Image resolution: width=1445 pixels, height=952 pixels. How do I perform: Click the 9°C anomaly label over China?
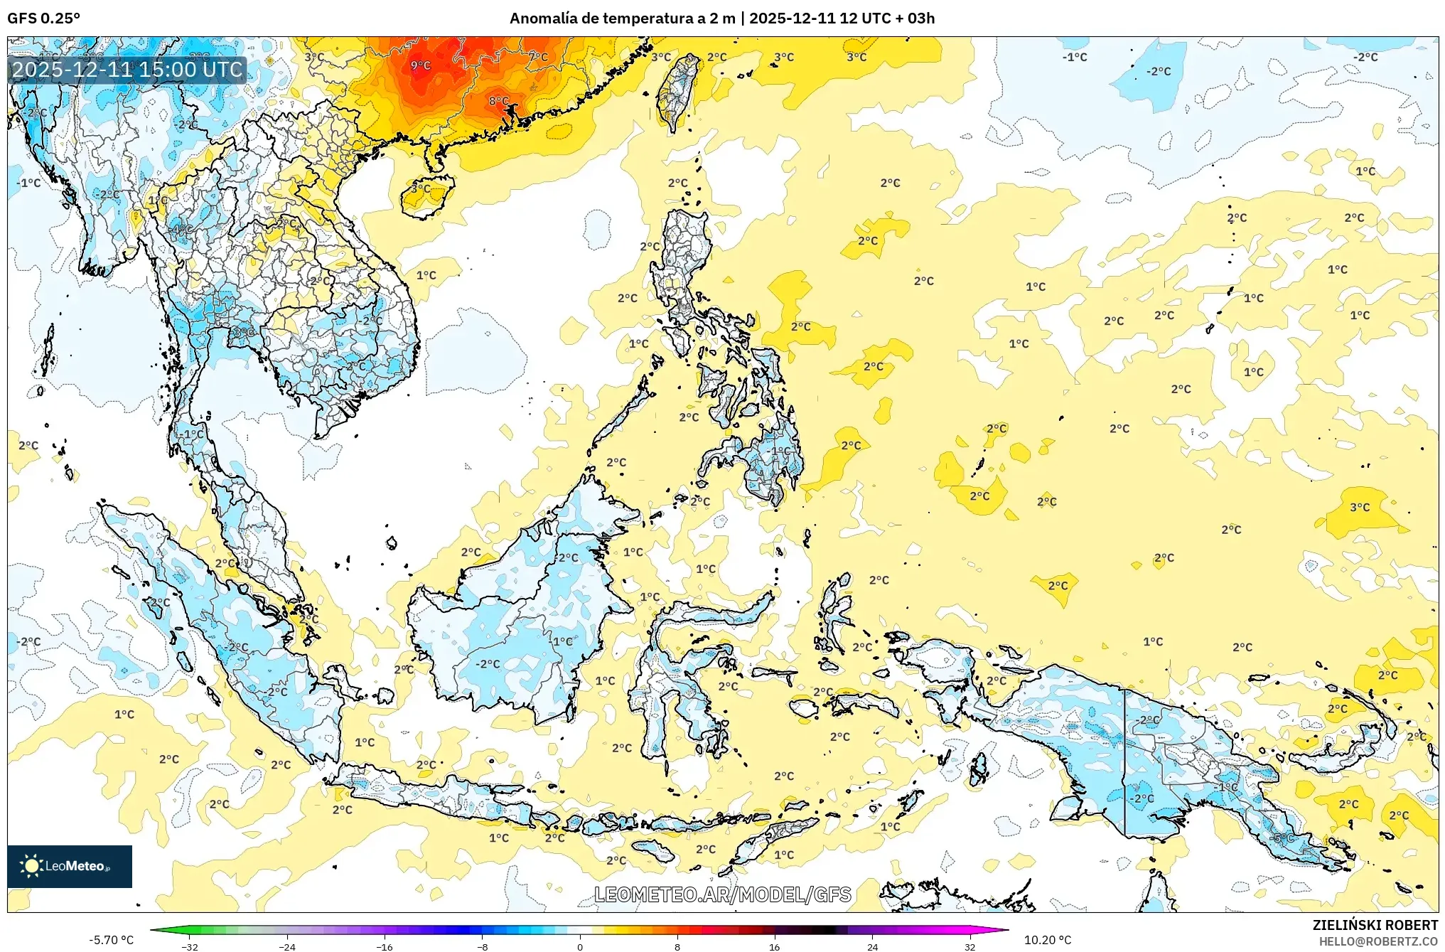pos(420,65)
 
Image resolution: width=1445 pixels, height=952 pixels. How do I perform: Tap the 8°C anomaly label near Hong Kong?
pos(498,101)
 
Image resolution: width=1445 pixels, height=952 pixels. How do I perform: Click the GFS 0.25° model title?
pos(43,18)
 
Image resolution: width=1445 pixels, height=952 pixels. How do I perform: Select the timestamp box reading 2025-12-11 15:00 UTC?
pos(128,70)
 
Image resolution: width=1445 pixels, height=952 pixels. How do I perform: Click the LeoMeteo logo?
pos(70,866)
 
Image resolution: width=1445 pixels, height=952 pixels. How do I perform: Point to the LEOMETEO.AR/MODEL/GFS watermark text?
pos(722,894)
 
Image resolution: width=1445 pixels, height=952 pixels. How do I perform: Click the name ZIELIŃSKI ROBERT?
pos(1375,925)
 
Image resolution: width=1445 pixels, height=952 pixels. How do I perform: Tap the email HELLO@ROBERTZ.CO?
pos(1378,941)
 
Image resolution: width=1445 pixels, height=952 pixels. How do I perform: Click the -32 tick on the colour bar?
pos(189,946)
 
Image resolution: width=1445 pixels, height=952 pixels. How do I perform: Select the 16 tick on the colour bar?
pos(774,946)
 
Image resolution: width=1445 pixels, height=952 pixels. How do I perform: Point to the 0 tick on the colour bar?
pos(580,946)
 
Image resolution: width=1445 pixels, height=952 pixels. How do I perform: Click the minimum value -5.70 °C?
pos(111,940)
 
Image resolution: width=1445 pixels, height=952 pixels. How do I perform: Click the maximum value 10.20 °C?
pos(1047,940)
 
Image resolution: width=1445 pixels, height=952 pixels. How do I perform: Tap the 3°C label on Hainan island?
pos(421,188)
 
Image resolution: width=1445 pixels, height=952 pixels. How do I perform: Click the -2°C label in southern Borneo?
pos(488,663)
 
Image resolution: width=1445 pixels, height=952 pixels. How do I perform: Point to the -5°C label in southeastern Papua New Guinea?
pos(1283,838)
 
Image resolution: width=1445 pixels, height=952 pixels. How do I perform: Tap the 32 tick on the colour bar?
pos(969,946)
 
